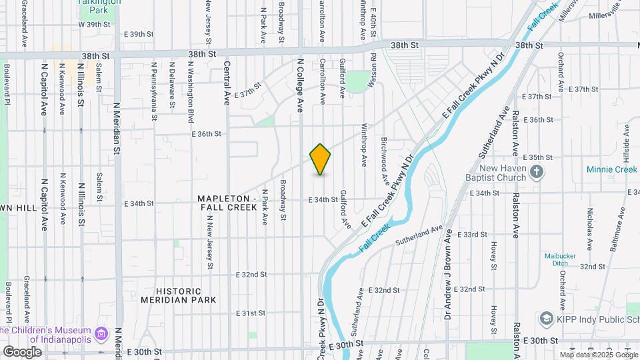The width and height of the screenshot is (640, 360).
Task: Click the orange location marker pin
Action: point(320,159)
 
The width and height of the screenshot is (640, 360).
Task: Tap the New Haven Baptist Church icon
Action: point(537,173)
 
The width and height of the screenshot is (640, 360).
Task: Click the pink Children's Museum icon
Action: point(101,331)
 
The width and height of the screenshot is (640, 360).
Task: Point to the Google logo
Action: point(22,351)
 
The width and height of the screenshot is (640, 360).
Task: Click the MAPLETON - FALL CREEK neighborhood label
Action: point(227,203)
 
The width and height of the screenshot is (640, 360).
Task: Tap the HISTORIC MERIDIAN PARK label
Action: point(179,295)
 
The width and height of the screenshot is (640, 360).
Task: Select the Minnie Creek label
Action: point(612,169)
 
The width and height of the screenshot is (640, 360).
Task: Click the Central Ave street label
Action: point(227,83)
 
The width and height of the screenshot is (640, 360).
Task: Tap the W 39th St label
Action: point(93,24)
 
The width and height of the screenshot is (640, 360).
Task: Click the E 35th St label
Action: point(539,157)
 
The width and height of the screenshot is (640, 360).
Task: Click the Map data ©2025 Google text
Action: point(598,355)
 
